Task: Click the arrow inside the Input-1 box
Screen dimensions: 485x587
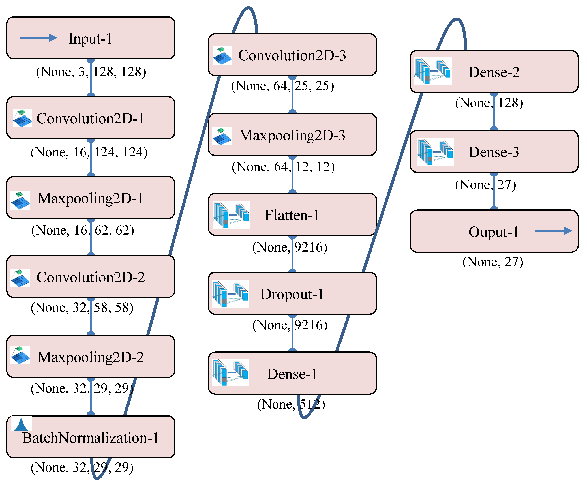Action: pos(38,38)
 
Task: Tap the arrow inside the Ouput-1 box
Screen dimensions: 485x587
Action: pos(553,231)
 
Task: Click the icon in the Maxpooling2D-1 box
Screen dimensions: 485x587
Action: pos(20,200)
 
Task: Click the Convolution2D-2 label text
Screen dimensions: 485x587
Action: pos(91,277)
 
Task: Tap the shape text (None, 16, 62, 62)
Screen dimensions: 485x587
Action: pos(83,230)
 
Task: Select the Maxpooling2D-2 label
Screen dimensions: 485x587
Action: pos(91,357)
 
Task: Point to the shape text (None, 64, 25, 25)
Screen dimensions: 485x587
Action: pos(282,86)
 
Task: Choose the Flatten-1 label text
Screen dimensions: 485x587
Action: pos(292,215)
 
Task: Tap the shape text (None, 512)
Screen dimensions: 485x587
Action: pos(291,404)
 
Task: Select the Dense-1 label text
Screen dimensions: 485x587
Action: pos(292,374)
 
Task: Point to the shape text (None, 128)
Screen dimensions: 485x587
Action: pos(489,103)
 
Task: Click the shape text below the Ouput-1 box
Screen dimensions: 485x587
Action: pos(492,262)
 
